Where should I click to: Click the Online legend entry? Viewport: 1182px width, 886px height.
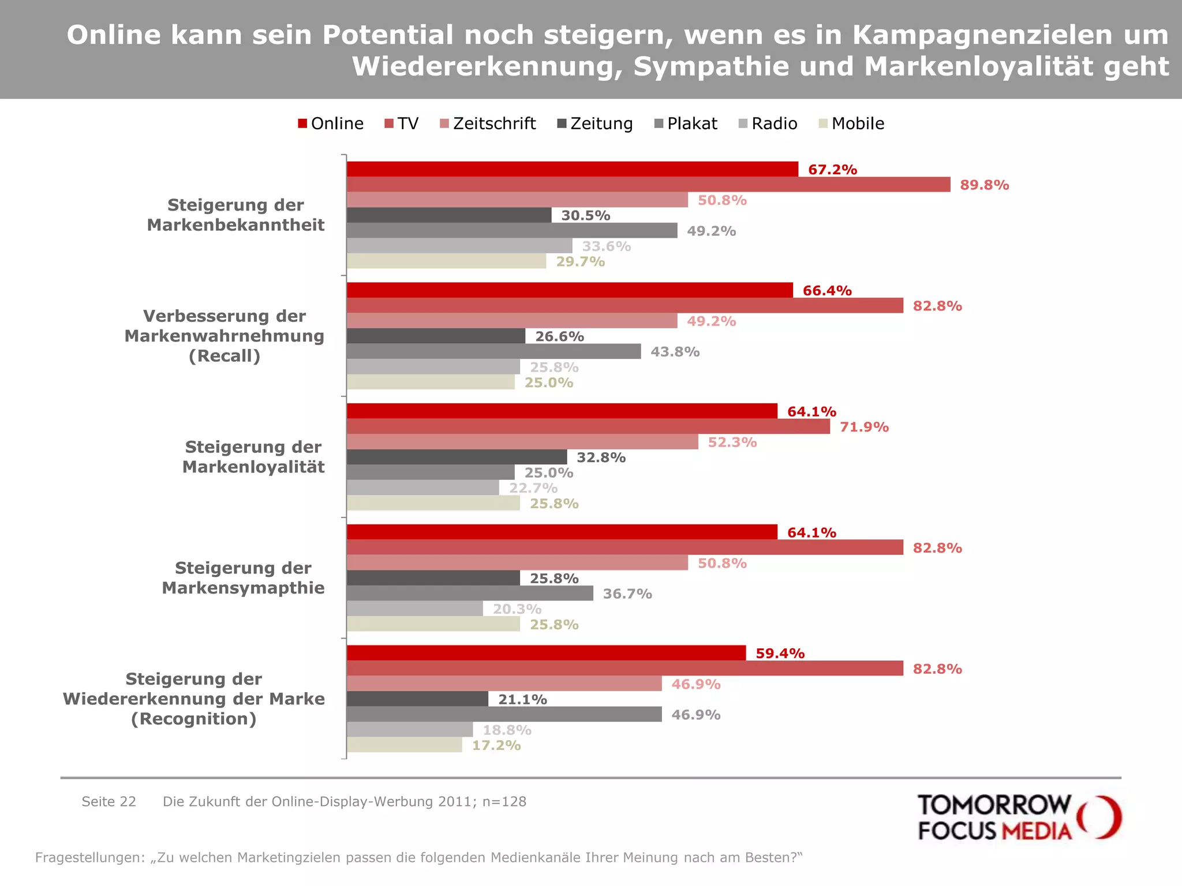click(x=331, y=123)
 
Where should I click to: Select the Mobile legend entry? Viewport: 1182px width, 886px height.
click(x=852, y=123)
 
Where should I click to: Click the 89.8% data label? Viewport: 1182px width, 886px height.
click(x=984, y=185)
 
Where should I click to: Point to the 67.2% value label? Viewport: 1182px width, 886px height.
click(x=832, y=170)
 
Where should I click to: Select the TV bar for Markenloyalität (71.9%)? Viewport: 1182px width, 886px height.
click(x=588, y=427)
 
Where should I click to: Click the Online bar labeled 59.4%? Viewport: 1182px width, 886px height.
click(x=545, y=653)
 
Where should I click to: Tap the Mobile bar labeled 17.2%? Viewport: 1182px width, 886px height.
click(x=404, y=745)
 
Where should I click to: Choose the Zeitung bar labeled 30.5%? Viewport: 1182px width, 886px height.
click(x=448, y=215)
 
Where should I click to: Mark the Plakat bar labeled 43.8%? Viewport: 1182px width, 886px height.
click(x=493, y=351)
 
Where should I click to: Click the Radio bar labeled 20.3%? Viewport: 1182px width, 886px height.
click(x=414, y=609)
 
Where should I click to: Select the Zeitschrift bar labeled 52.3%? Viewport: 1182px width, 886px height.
click(x=522, y=442)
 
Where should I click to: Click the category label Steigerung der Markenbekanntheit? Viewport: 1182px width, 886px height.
click(x=235, y=215)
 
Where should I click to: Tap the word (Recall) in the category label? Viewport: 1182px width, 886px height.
click(x=225, y=356)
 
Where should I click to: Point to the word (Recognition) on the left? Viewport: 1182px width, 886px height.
click(x=194, y=719)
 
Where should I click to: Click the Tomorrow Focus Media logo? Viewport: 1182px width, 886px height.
click(x=1019, y=817)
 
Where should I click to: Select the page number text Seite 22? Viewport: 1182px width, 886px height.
click(x=109, y=801)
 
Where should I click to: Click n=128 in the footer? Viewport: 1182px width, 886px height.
click(x=504, y=801)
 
